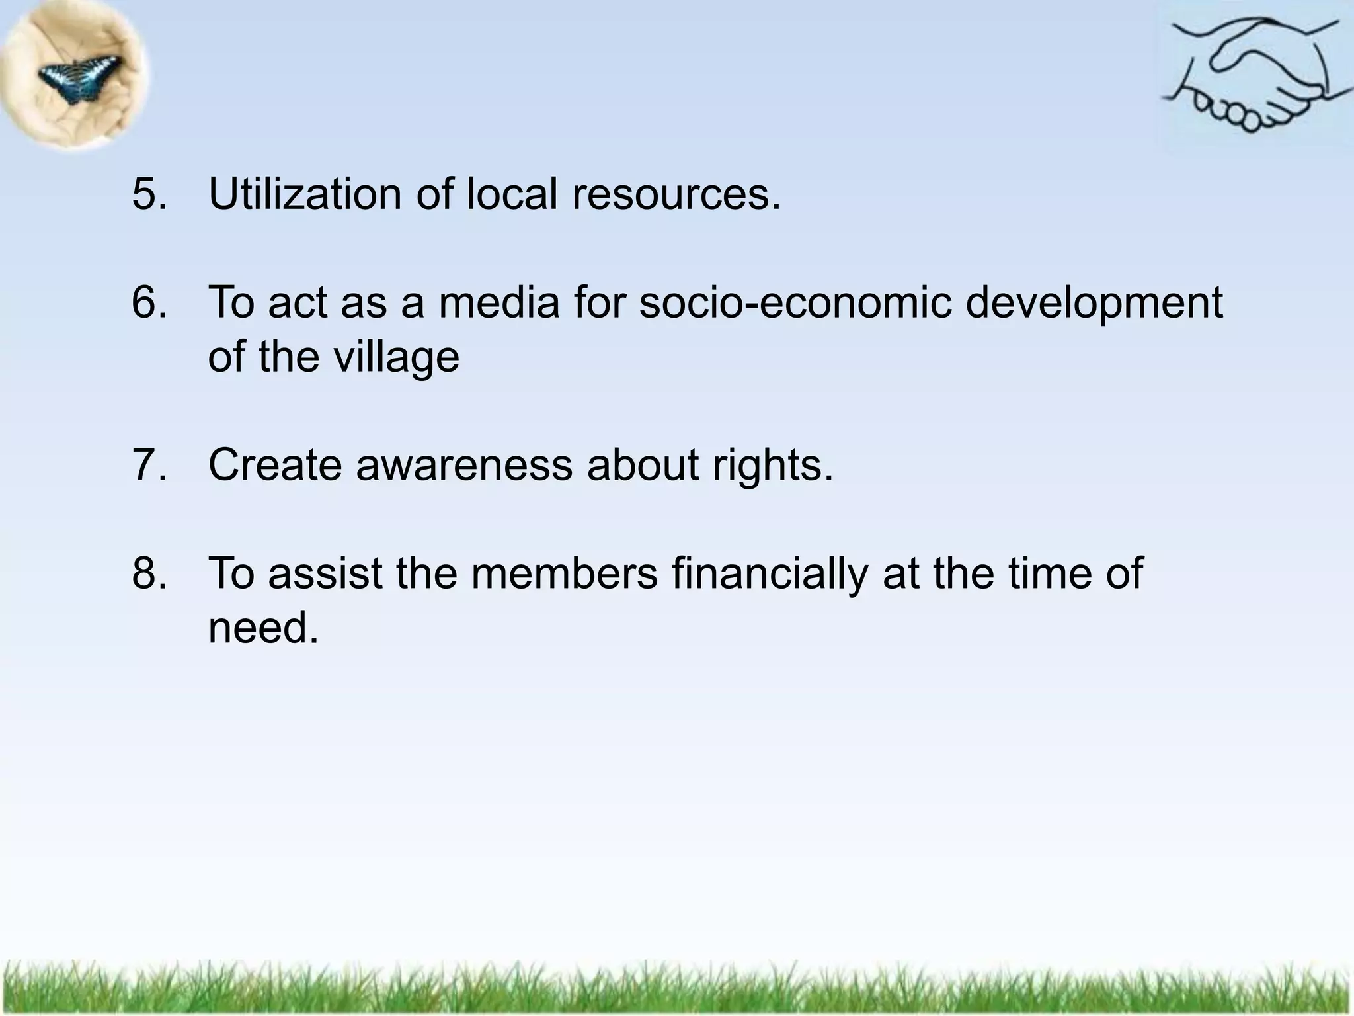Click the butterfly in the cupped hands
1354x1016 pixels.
79,77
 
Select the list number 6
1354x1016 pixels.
149,302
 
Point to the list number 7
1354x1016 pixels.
149,464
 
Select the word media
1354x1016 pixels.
498,302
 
